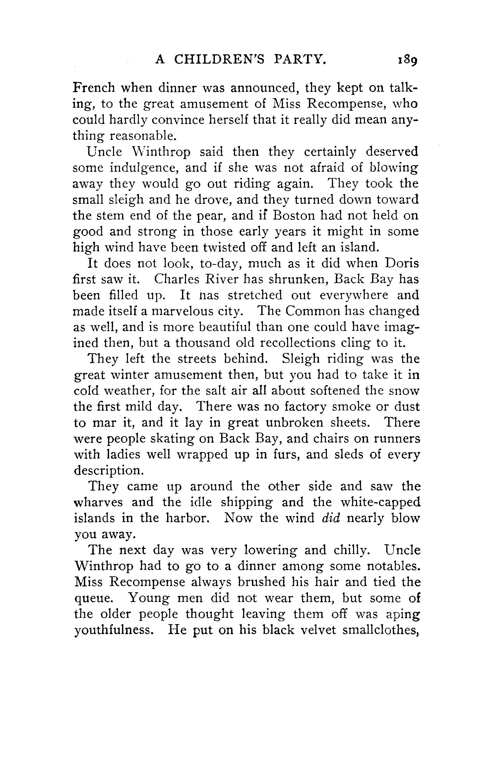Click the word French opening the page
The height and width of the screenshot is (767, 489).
[x=94, y=88]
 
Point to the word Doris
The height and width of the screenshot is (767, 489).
[x=402, y=264]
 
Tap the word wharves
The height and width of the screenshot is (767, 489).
[x=98, y=502]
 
